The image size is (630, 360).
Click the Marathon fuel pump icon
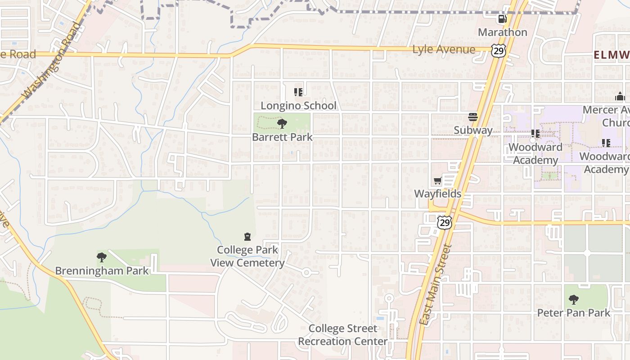tap(502, 19)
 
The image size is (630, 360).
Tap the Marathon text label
tap(502, 32)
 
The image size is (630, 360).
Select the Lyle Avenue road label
tap(443, 49)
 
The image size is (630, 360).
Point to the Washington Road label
tap(53, 60)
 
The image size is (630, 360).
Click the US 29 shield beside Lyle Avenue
tap(498, 51)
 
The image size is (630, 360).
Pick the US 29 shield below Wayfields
tap(444, 222)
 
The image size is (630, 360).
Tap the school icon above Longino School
tap(298, 92)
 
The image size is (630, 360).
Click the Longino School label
tap(298, 106)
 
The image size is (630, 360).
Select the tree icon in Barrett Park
tap(282, 124)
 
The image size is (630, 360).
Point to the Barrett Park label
tap(282, 137)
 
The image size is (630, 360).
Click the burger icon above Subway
tap(472, 117)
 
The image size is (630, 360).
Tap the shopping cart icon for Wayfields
tap(437, 181)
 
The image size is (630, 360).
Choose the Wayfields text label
tap(437, 194)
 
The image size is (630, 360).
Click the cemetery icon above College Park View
tap(247, 237)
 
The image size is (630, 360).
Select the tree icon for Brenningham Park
tap(102, 257)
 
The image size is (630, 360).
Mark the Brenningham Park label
tap(102, 271)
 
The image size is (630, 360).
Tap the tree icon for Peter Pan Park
tap(573, 299)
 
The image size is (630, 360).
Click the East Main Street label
tap(435, 284)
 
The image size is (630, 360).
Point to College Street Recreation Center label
tap(342, 335)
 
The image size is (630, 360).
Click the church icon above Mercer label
tap(620, 96)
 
